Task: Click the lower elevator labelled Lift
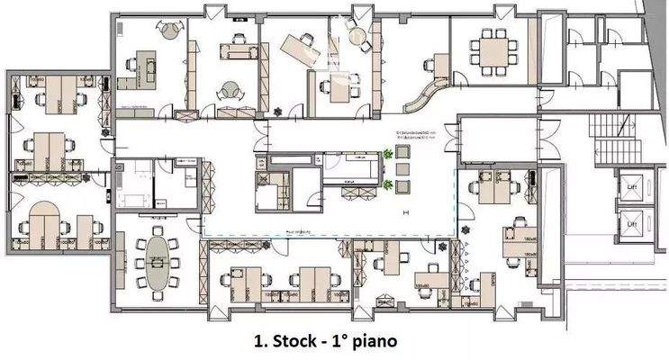(x=631, y=221)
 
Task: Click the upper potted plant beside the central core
(x=388, y=155)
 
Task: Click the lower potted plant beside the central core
(x=388, y=185)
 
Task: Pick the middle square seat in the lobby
(x=403, y=170)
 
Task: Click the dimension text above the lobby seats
(x=414, y=139)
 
